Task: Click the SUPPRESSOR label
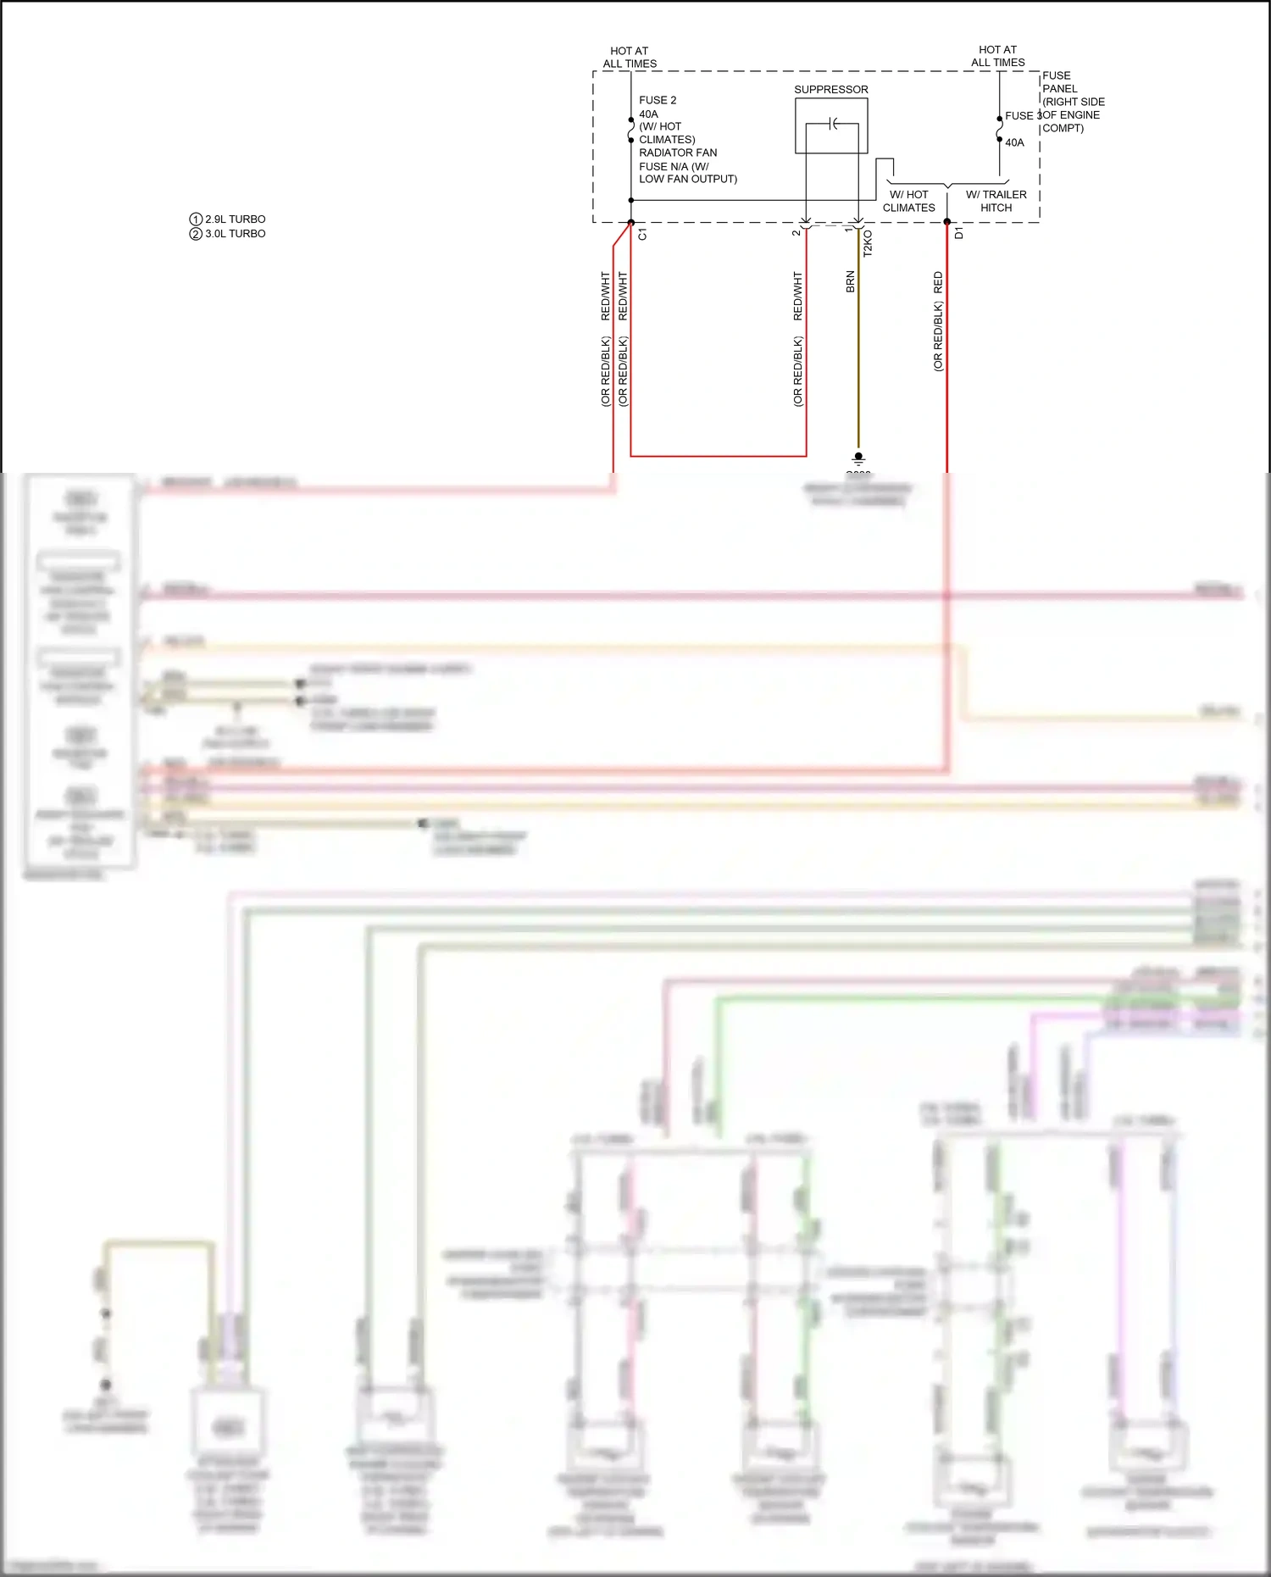[830, 90]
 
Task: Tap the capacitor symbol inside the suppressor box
[834, 125]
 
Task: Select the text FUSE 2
[658, 100]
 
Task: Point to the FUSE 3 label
[1020, 116]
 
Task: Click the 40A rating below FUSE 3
[1014, 142]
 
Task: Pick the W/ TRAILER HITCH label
[996, 201]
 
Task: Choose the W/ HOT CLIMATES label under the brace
[908, 201]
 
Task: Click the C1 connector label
[642, 235]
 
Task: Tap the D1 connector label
[958, 233]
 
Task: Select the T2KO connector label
[868, 244]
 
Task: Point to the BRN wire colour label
[850, 282]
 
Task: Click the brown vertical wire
[858, 356]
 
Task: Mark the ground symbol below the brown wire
[858, 458]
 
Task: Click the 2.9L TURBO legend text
[235, 219]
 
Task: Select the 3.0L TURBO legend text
[235, 234]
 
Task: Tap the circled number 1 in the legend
[196, 219]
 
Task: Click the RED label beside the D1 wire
[938, 282]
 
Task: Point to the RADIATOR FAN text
[678, 153]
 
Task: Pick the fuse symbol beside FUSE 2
[631, 130]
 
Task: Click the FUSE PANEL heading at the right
[1059, 82]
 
